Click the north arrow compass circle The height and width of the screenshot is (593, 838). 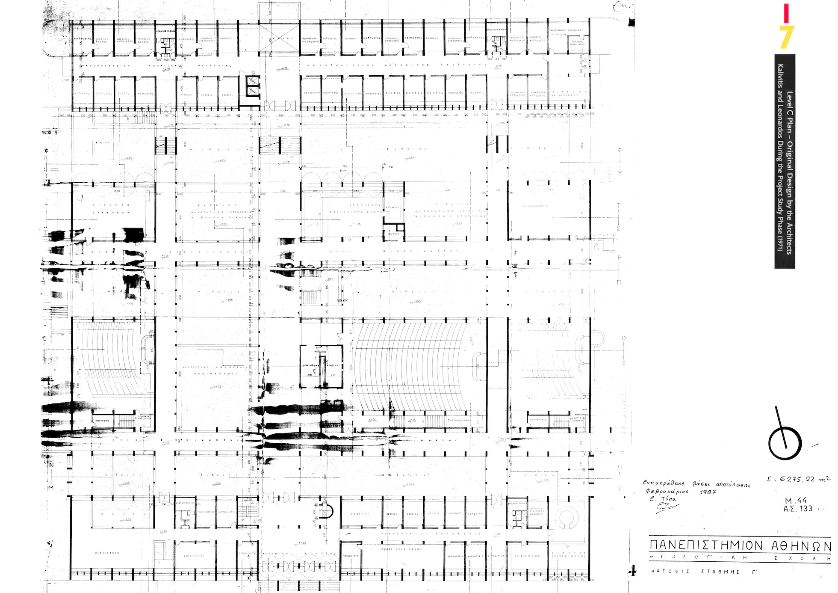[785, 444]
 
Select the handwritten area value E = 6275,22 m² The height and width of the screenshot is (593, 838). [798, 479]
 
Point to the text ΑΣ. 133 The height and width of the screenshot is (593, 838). [797, 509]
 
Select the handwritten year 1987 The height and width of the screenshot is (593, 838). [708, 492]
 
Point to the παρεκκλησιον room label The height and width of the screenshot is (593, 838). [536, 206]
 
